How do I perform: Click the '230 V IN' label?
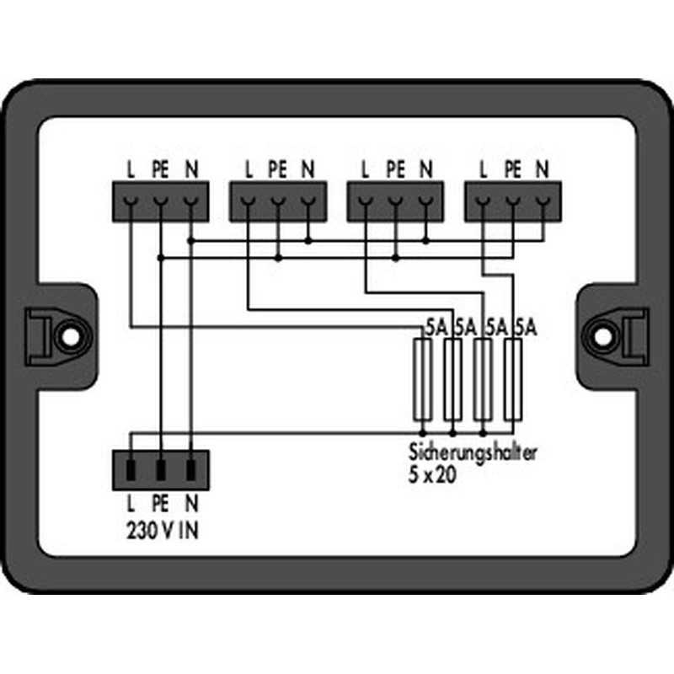163,532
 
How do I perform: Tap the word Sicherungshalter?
473,452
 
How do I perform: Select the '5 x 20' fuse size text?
432,475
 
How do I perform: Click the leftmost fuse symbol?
423,379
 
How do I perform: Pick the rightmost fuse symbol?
513,379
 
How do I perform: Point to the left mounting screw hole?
70,336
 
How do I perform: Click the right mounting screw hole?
603,336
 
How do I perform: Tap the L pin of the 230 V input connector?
131,470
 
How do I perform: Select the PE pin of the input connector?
161,470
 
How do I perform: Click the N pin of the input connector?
191,470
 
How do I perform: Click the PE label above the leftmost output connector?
160,169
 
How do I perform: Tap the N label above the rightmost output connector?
543,169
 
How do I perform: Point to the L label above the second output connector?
249,169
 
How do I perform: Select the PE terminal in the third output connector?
395,201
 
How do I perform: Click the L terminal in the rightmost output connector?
484,201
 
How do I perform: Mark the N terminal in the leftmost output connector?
191,201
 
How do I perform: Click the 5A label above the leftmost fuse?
437,328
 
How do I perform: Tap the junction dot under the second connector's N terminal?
308,241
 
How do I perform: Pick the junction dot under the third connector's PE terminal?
395,258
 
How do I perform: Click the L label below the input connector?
131,504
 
